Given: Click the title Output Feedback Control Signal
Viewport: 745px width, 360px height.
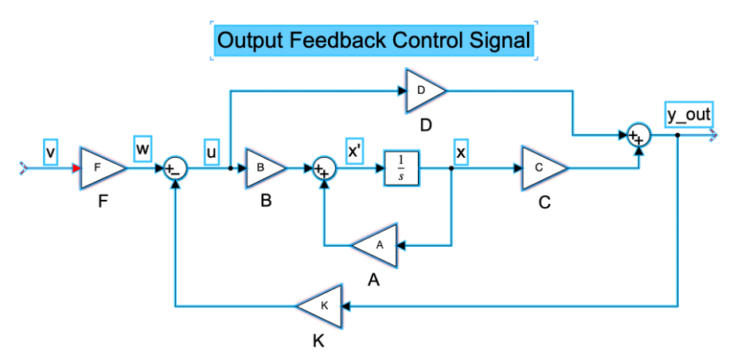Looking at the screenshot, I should (373, 41).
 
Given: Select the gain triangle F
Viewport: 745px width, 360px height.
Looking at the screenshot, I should (100, 168).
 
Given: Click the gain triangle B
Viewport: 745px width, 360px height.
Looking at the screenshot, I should (263, 168).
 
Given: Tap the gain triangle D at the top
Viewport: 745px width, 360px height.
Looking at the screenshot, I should (424, 91).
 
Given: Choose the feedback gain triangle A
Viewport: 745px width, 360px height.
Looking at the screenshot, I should (376, 246).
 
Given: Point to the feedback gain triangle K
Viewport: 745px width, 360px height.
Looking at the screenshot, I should (320, 305).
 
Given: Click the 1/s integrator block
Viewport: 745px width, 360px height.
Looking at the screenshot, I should (401, 168).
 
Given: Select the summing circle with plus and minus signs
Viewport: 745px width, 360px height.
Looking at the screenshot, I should (176, 169).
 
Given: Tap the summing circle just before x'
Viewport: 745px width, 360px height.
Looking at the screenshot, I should (324, 169).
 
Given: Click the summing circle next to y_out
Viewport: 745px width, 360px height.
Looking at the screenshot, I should (638, 135).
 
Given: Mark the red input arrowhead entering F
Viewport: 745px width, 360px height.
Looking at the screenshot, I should (76, 168).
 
